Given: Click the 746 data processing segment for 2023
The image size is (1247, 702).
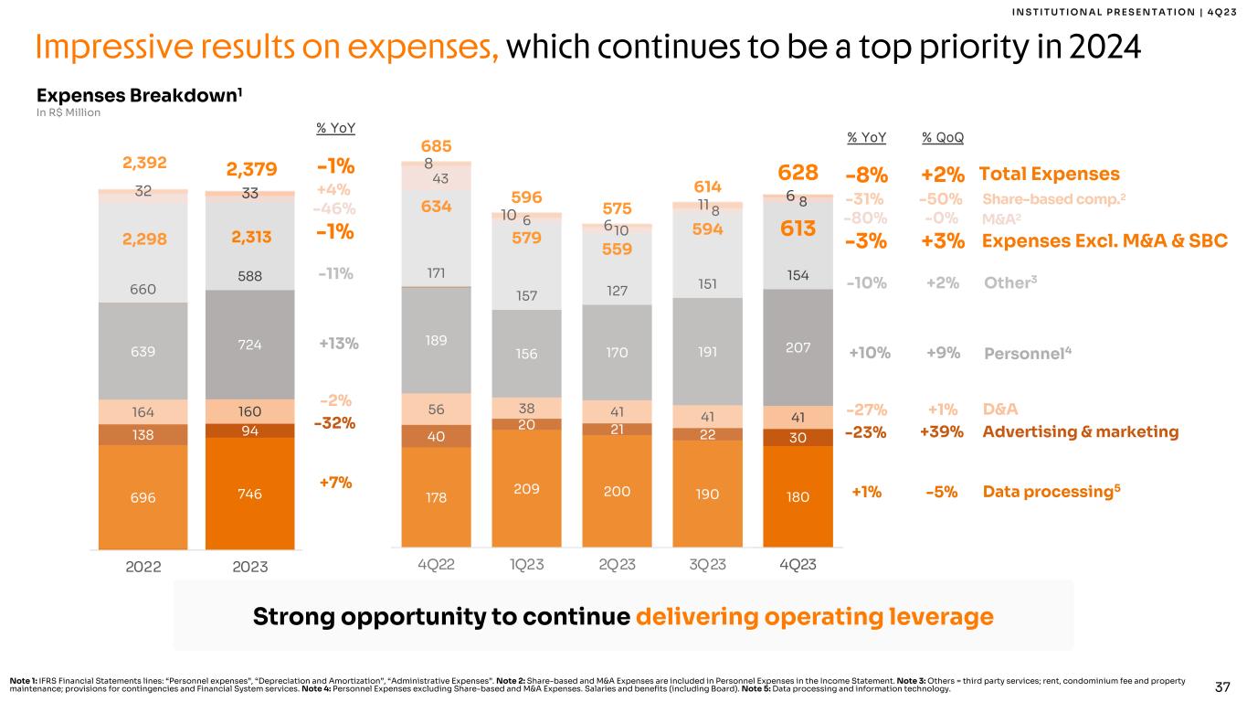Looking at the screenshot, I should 249,494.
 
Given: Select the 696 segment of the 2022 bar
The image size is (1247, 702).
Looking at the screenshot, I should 143,497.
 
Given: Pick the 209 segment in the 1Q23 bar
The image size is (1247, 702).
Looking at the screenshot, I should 526,489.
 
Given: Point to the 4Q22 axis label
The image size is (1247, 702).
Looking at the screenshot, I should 436,565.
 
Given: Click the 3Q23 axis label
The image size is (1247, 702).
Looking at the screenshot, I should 706,565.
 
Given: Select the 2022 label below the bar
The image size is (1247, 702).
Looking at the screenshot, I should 143,567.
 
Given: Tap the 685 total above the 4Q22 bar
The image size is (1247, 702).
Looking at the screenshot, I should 436,146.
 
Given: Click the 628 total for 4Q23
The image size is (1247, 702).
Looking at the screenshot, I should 798,174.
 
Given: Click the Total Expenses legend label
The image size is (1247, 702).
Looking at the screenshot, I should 1049,174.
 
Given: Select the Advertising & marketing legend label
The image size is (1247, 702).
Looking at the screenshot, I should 1081,431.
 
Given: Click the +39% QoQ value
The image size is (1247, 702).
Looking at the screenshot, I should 941,431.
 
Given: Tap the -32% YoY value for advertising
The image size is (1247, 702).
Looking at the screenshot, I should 335,423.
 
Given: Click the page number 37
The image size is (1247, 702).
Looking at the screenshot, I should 1225,686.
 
